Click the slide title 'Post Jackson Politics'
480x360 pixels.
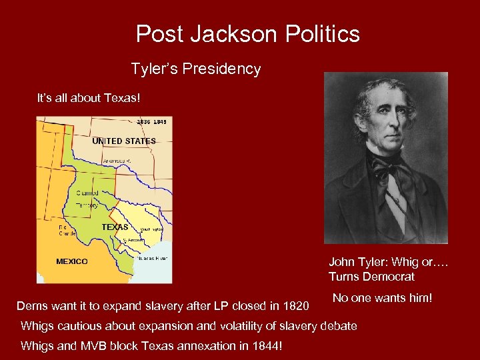tap(247, 34)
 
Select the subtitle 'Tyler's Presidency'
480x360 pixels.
tap(195, 69)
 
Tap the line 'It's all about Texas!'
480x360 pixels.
tap(89, 98)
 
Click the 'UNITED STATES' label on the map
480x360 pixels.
tap(124, 141)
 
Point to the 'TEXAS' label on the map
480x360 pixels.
tap(115, 227)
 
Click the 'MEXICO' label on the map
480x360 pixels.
tap(72, 261)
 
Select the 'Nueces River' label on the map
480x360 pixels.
tap(153, 258)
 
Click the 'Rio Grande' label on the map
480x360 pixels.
tap(67, 230)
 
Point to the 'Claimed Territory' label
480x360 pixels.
tap(87, 199)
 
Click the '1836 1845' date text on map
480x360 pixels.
tap(151, 121)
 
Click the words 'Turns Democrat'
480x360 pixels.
tap(371, 277)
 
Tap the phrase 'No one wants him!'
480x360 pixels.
tap(383, 298)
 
